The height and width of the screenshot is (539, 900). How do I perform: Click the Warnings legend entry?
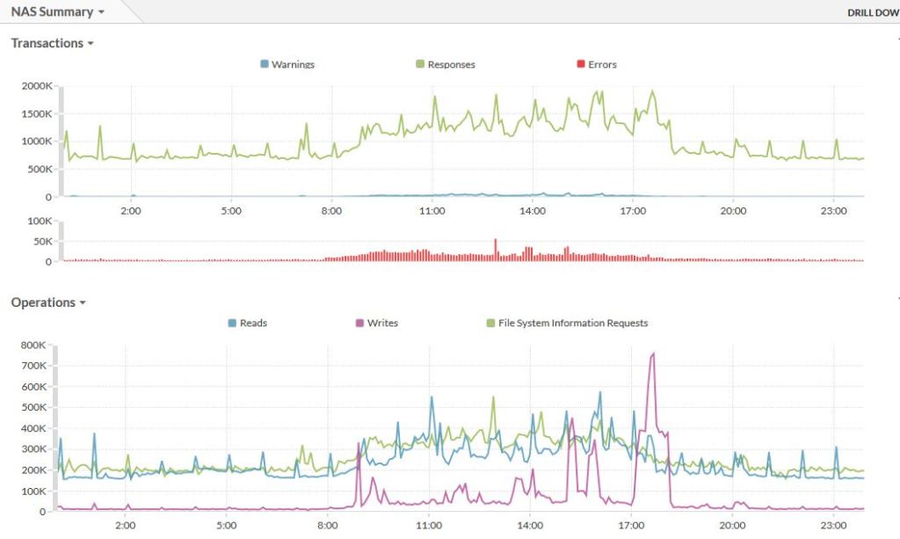287,64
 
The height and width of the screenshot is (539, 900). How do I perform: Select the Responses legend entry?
445,64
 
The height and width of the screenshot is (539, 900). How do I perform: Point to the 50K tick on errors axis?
40,241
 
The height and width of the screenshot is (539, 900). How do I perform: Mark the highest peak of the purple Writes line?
653,353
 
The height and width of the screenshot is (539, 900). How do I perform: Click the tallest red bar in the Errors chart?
495,240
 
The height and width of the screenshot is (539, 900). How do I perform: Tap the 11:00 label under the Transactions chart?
432,211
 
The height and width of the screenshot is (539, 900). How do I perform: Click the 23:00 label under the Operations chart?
832,525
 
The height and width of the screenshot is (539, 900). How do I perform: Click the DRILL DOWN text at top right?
872,13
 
